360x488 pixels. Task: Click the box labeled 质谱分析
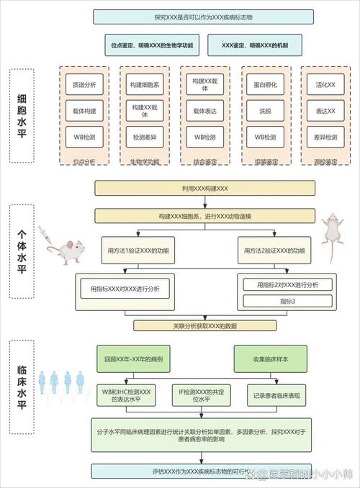(x=80, y=84)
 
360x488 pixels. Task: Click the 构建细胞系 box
(x=140, y=84)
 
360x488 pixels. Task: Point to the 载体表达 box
(x=200, y=111)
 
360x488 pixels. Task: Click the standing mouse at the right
(x=330, y=234)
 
